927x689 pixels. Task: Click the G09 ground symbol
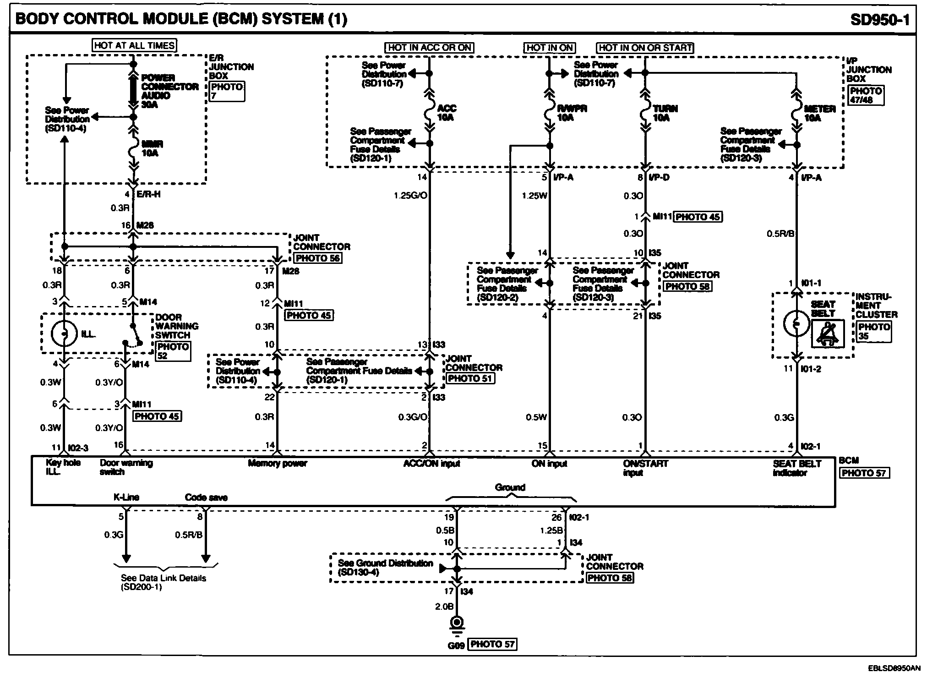(x=457, y=625)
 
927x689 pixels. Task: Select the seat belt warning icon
(x=828, y=333)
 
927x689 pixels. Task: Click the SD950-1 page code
(x=880, y=20)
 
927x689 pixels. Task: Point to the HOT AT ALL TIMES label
(x=134, y=45)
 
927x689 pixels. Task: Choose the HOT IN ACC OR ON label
(x=429, y=48)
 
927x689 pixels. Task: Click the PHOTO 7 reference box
(x=227, y=91)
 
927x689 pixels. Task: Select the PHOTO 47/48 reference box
(x=866, y=95)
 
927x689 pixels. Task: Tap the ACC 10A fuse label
(x=446, y=113)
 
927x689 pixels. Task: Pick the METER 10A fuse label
(x=820, y=113)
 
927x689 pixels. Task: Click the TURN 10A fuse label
(x=665, y=113)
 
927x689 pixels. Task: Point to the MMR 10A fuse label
(x=152, y=148)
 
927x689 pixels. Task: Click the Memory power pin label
(x=277, y=463)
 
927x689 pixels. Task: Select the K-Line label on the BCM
(x=126, y=497)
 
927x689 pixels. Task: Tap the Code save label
(x=206, y=497)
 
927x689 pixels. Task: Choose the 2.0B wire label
(x=444, y=606)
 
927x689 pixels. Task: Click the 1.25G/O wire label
(x=410, y=196)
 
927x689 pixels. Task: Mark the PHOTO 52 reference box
(x=172, y=351)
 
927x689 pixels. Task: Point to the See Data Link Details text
(x=164, y=582)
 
